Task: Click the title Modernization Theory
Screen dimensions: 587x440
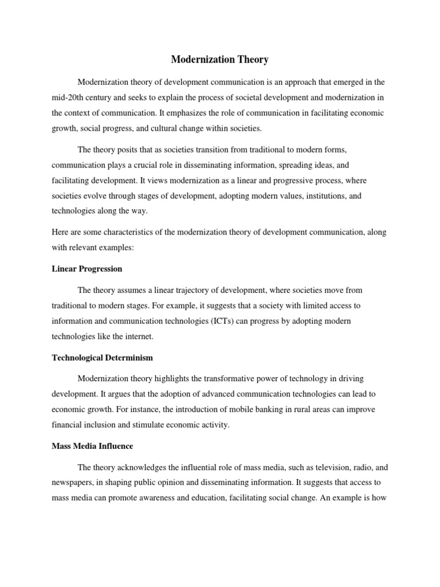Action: click(220, 59)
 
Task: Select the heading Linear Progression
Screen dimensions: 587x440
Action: click(87, 268)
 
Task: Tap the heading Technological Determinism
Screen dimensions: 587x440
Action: click(103, 357)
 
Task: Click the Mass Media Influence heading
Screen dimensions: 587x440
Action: click(92, 446)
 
